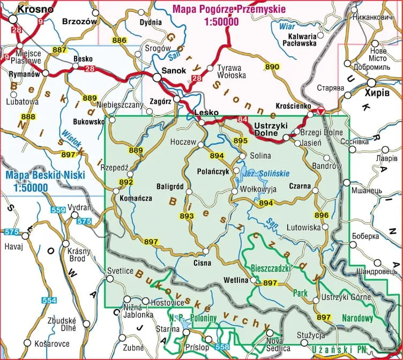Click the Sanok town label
point(174,70)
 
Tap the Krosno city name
point(36,9)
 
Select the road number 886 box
point(120,41)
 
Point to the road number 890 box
point(272,66)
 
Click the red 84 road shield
point(243,118)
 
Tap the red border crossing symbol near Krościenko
point(320,111)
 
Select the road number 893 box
point(186,216)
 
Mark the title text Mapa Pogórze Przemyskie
point(229,10)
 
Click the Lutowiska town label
point(304,227)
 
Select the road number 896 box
point(322,215)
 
